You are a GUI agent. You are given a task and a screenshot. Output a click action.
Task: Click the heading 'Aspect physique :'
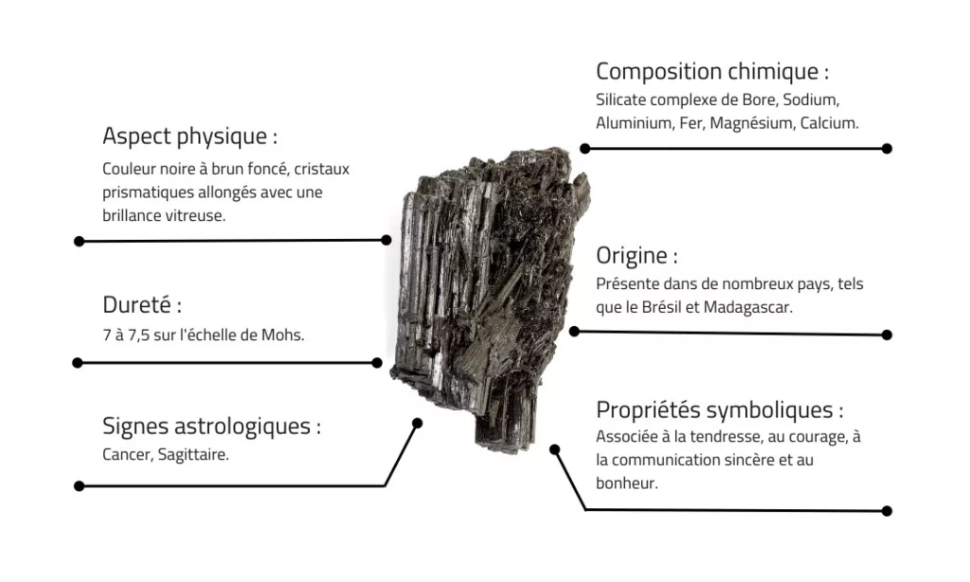pos(189,136)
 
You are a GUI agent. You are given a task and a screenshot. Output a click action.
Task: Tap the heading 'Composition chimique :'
pos(712,71)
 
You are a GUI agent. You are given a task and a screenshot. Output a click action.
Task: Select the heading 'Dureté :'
pos(142,306)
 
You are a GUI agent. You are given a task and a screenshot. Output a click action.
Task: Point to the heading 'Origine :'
pos(637,256)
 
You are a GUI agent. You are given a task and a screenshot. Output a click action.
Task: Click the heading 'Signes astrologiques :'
pos(211,427)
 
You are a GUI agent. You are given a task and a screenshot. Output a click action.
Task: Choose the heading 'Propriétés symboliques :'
pos(720,410)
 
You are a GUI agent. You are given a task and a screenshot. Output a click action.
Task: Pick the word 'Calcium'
pos(829,123)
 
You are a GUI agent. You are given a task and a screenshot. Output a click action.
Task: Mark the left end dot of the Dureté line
pos(78,362)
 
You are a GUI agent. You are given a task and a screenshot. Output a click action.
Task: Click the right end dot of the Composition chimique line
pos(887,149)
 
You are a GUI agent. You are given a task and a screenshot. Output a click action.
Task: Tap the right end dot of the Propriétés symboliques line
pos(887,511)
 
